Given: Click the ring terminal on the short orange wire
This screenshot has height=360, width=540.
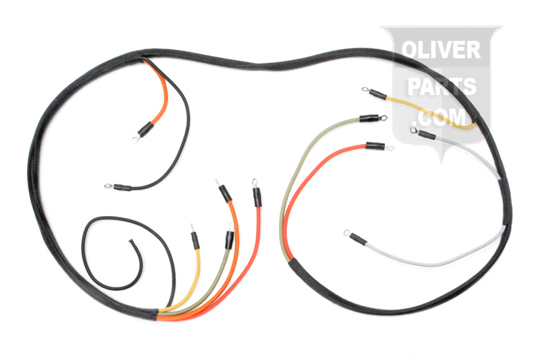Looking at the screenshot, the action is pos(136,139).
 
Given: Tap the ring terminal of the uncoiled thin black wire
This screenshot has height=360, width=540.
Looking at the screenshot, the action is pos(108,186).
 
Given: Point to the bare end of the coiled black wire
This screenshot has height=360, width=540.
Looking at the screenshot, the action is pos(132,242).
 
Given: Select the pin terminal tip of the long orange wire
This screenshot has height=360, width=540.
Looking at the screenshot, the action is pos(219,182).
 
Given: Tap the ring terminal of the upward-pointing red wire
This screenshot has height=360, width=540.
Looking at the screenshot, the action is pos(255,182).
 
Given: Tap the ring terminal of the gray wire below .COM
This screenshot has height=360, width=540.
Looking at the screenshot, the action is pos(413,129).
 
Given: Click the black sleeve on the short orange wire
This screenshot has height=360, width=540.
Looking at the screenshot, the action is pos(145,129).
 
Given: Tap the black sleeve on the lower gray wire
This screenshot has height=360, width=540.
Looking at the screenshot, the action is pos(358,240).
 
